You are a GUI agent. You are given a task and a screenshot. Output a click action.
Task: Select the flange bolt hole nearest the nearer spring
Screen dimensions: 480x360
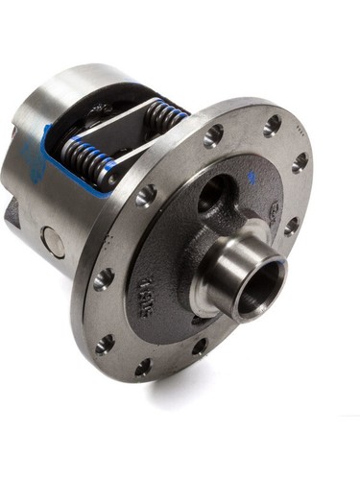[146, 196]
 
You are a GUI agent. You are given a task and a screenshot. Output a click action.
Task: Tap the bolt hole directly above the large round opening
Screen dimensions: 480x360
[213, 134]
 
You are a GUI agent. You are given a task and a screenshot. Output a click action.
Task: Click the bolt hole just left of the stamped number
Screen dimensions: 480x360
[103, 279]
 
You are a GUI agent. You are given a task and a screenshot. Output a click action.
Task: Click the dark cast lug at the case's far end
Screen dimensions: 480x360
[12, 211]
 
